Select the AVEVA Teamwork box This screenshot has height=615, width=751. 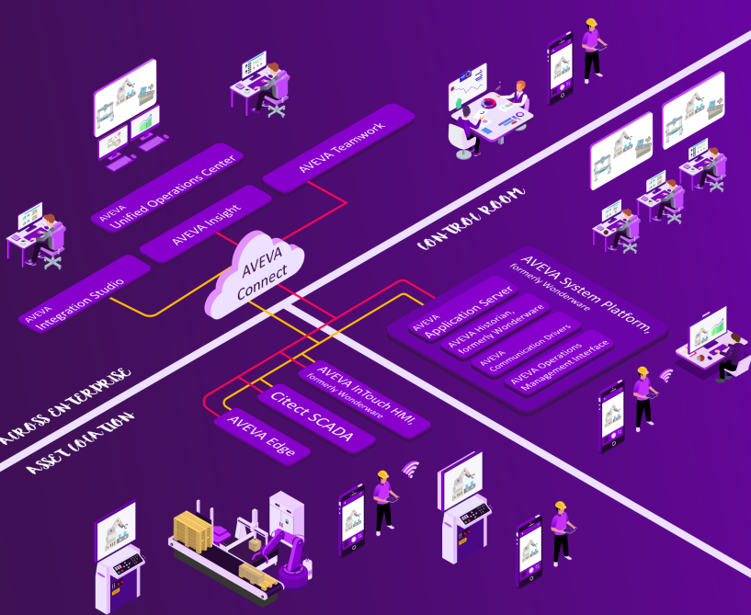(339, 148)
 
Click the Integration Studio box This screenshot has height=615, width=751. (84, 291)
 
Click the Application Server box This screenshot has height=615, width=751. (461, 313)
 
